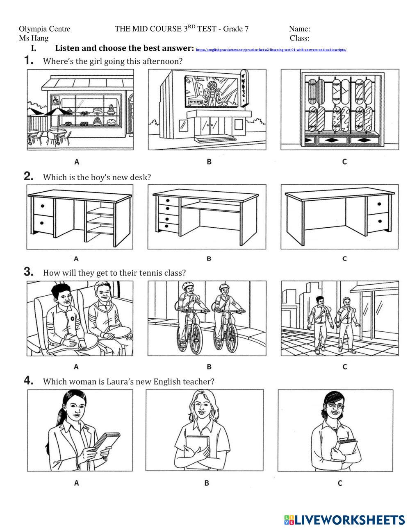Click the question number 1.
pos(28,61)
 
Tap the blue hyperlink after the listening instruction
pos(271,50)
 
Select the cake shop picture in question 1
pos(80,109)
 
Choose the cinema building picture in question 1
pos(207,109)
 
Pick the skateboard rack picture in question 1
pos(339,109)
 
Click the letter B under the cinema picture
pos(209,161)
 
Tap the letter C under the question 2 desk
pos(344,258)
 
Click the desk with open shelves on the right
pos(80,217)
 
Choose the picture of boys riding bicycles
pos(207,318)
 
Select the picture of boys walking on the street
pos(339,318)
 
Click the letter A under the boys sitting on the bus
pos(76,366)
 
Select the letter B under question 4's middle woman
pos(206,483)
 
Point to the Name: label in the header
pos(299,29)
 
